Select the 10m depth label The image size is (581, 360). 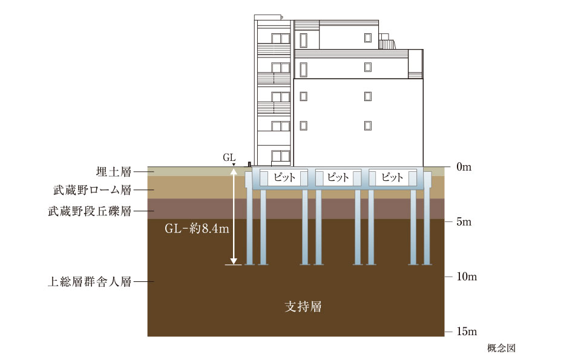(x=468, y=277)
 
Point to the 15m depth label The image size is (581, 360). (x=468, y=332)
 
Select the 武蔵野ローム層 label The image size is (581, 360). (x=92, y=191)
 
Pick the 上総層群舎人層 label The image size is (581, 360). (x=92, y=282)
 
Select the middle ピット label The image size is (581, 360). (x=338, y=178)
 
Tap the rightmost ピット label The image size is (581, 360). (x=392, y=178)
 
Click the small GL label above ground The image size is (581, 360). (x=229, y=157)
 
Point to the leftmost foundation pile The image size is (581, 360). (x=249, y=227)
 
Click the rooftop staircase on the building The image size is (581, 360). (x=386, y=42)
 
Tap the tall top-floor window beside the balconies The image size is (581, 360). (x=304, y=40)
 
